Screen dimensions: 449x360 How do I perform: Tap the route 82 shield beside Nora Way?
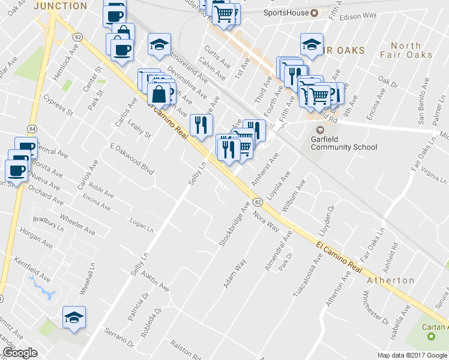tap(256, 202)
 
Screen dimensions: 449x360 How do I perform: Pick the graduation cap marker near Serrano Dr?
tap(74, 317)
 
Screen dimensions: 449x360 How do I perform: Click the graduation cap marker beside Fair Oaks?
tap(312, 44)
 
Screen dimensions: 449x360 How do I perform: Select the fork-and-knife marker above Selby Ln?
tap(200, 124)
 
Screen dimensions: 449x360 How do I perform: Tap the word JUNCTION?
tap(61, 5)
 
